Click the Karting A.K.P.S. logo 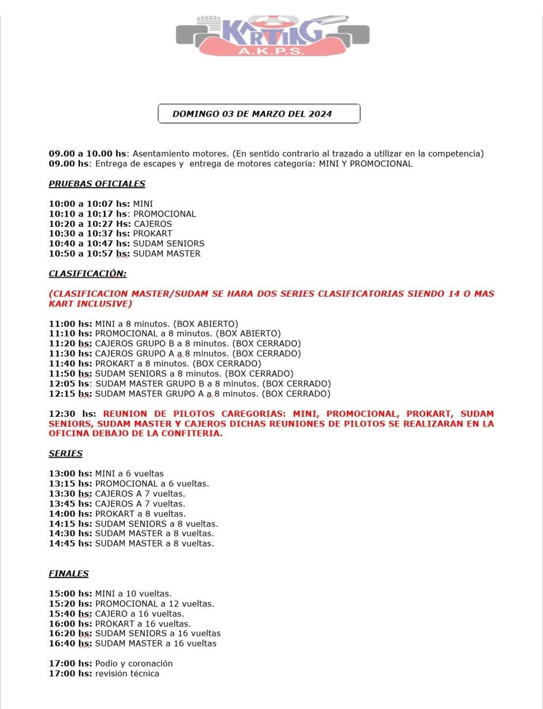(272, 36)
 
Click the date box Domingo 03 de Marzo (259, 114)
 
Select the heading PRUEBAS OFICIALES (97, 184)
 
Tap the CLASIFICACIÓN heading (87, 273)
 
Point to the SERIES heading (66, 454)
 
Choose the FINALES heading (68, 574)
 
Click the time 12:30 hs (72, 413)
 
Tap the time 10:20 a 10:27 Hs (89, 224)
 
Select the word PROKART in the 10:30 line (152, 234)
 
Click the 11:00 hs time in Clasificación (70, 324)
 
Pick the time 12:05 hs (70, 383)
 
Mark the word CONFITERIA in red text (194, 433)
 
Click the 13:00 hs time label (70, 474)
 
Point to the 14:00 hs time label (70, 514)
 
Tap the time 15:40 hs (70, 614)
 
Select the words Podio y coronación (134, 664)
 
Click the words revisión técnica (127, 673)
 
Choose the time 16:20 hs (70, 633)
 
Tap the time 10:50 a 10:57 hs (89, 254)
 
